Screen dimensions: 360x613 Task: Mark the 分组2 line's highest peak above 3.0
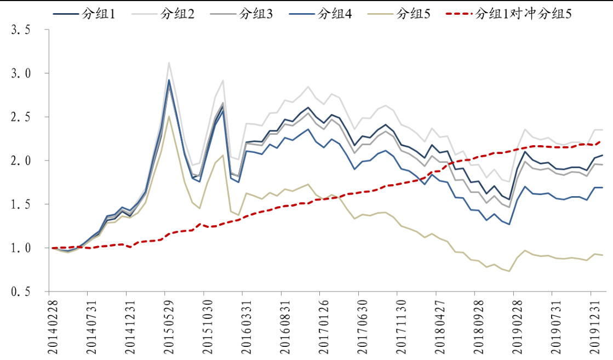(x=169, y=62)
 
